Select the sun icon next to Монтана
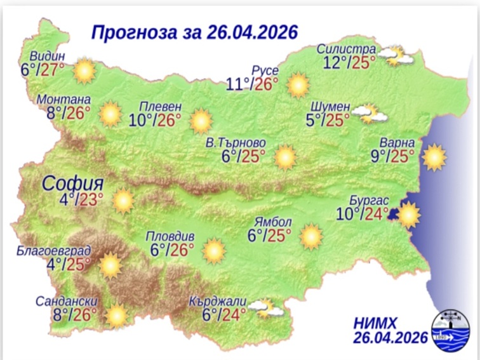(110, 114)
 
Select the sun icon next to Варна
(434, 157)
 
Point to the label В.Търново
(236, 142)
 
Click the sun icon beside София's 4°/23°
(123, 201)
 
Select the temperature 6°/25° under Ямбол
(269, 237)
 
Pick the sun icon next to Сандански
(116, 315)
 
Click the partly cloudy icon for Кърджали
(265, 309)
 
